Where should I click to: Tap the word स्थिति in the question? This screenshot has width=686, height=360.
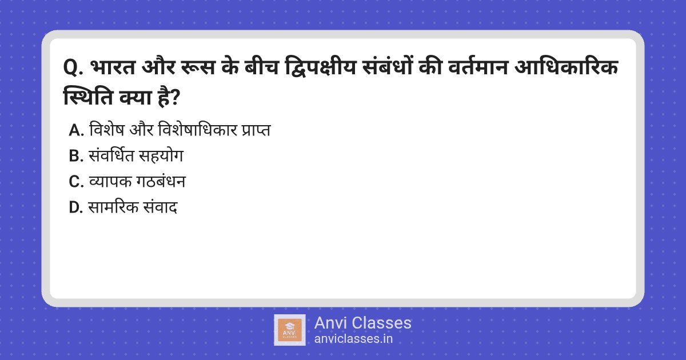click(x=88, y=97)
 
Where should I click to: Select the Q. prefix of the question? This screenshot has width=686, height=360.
click(x=73, y=67)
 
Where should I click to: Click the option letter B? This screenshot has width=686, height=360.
click(x=75, y=156)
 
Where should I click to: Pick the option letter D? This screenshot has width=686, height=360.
click(x=75, y=207)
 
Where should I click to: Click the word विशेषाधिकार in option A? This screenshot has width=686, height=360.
click(x=198, y=130)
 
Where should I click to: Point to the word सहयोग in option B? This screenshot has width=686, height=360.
click(x=161, y=155)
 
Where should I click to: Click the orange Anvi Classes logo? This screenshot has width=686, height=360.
click(x=290, y=330)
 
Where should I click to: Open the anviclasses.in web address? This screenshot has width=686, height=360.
click(x=353, y=339)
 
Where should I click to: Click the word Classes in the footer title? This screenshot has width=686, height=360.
click(x=381, y=323)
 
